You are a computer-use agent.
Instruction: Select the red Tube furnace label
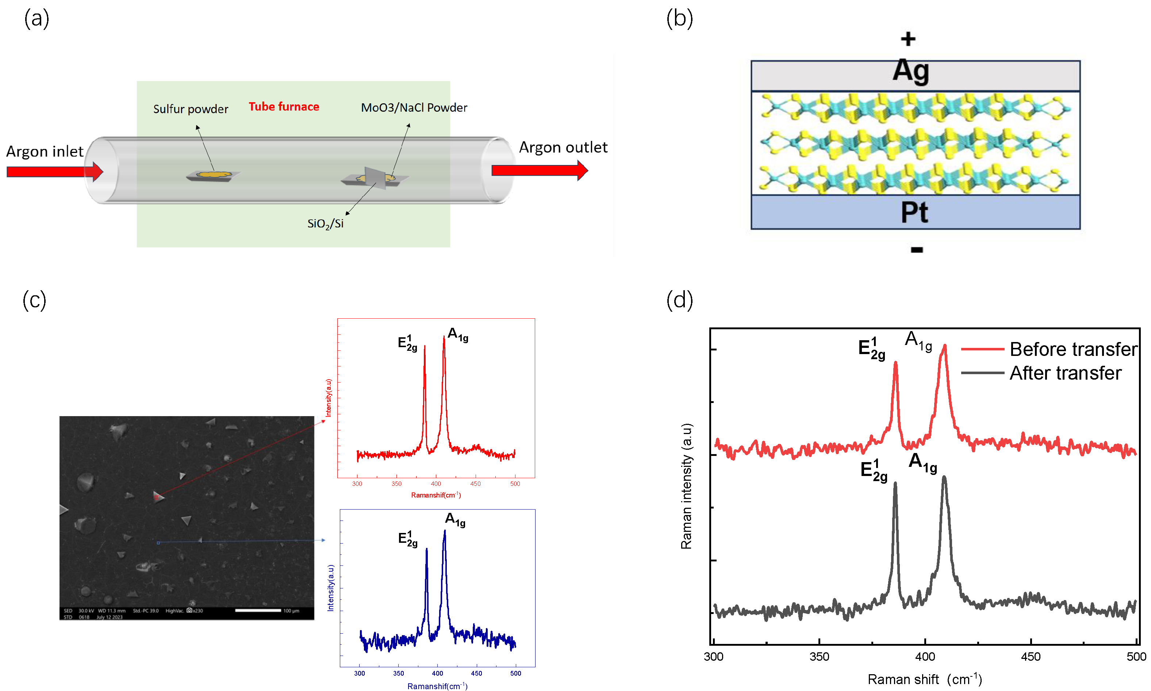(284, 107)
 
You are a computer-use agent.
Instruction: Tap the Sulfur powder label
(191, 109)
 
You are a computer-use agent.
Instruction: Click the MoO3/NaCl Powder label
(414, 108)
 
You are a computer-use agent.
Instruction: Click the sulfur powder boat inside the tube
(213, 176)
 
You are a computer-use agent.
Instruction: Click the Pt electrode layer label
(914, 212)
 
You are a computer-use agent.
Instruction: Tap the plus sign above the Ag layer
(908, 39)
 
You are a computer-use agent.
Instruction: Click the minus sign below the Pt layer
(916, 250)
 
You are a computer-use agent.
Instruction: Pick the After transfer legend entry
(1065, 373)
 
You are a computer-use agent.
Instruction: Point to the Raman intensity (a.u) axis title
(686, 486)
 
